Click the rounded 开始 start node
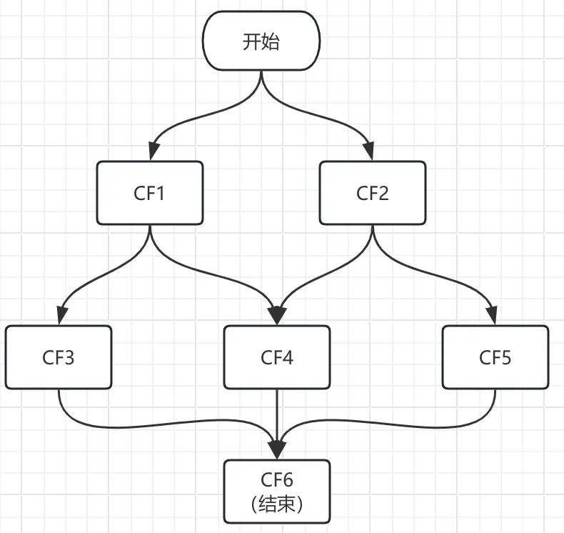click(x=261, y=41)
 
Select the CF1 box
click(x=149, y=193)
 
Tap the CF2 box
click(x=372, y=193)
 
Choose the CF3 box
click(x=59, y=357)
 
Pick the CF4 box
click(x=277, y=357)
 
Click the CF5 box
click(x=495, y=357)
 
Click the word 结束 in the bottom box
click(x=278, y=504)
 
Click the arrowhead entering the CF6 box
click(x=277, y=451)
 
